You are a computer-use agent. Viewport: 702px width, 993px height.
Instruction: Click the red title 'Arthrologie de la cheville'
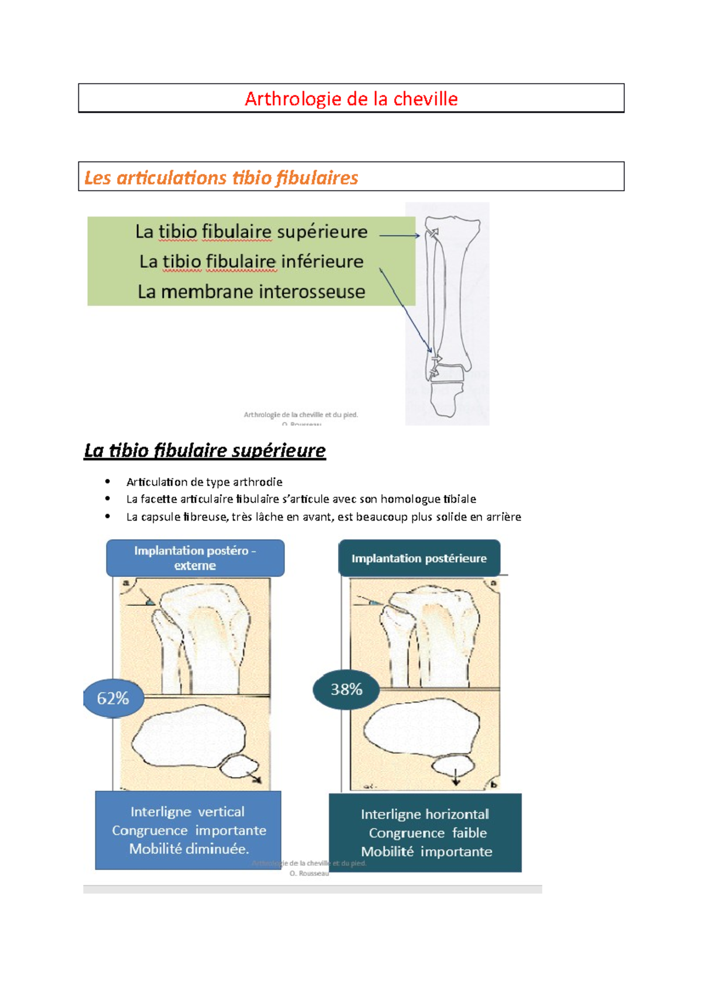[351, 99]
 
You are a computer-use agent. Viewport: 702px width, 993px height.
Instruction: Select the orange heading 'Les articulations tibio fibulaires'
[221, 177]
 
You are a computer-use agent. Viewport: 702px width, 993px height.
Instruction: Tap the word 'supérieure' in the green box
[322, 232]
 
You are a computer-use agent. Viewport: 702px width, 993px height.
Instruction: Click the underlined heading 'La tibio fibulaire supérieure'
[205, 450]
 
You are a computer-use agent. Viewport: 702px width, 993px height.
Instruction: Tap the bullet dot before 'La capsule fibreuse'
[108, 516]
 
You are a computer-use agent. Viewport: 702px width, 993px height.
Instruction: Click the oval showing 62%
[113, 698]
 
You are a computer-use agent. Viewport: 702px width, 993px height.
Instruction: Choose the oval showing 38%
[346, 689]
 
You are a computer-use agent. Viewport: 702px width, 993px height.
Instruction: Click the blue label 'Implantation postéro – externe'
[195, 558]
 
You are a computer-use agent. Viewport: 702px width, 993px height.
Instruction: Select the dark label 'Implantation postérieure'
[419, 558]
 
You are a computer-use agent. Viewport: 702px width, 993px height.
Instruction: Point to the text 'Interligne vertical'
[187, 812]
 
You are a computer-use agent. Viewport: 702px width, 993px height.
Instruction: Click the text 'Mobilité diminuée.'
[189, 849]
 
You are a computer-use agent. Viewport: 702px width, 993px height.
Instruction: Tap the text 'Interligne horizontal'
[425, 814]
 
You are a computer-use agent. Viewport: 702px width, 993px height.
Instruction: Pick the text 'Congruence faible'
[428, 833]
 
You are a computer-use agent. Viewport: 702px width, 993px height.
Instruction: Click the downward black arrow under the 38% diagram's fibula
[456, 778]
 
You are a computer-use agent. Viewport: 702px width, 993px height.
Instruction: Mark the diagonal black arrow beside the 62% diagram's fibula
[255, 777]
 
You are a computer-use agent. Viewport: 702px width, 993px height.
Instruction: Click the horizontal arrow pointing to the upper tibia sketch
[400, 235]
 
